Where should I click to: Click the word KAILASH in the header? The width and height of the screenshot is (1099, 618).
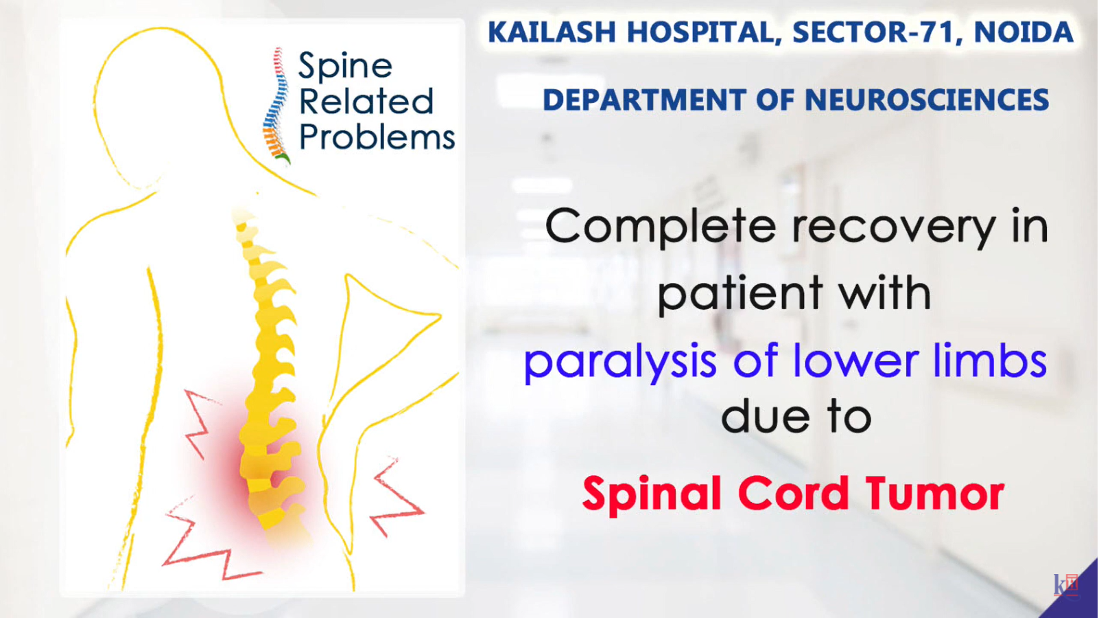(552, 32)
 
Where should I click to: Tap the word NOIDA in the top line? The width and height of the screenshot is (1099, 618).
(1024, 32)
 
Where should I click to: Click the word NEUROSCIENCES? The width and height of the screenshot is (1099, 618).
(927, 100)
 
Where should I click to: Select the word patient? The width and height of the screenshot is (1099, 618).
(740, 294)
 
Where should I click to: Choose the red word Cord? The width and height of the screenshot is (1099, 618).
(793, 493)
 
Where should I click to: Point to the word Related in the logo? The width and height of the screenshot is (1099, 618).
(366, 101)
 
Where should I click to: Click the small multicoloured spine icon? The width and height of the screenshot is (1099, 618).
(276, 105)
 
